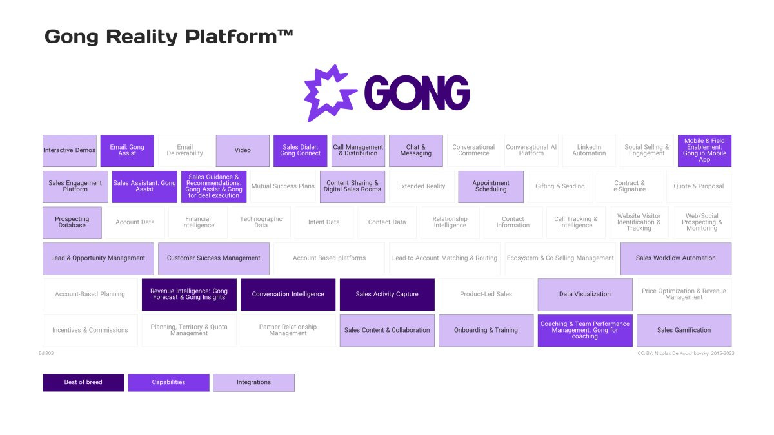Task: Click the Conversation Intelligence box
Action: (x=288, y=295)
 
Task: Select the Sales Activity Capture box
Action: (x=387, y=295)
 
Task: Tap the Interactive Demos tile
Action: (x=70, y=151)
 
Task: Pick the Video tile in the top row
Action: (x=243, y=151)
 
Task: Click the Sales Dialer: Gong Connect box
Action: (x=300, y=151)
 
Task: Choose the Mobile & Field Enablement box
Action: (x=704, y=151)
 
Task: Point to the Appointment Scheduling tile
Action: (x=491, y=187)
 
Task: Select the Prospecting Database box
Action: (x=72, y=222)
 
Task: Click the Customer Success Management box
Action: (x=213, y=258)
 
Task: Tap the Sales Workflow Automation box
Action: (x=675, y=258)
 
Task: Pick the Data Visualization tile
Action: (x=585, y=295)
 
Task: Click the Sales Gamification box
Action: (x=684, y=331)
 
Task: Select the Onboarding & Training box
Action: (x=486, y=331)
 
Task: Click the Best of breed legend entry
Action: (x=83, y=382)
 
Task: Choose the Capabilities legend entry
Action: (x=168, y=382)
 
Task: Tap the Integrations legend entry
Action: (x=253, y=382)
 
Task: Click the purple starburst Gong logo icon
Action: (x=330, y=93)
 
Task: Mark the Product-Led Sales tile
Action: (x=486, y=295)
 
